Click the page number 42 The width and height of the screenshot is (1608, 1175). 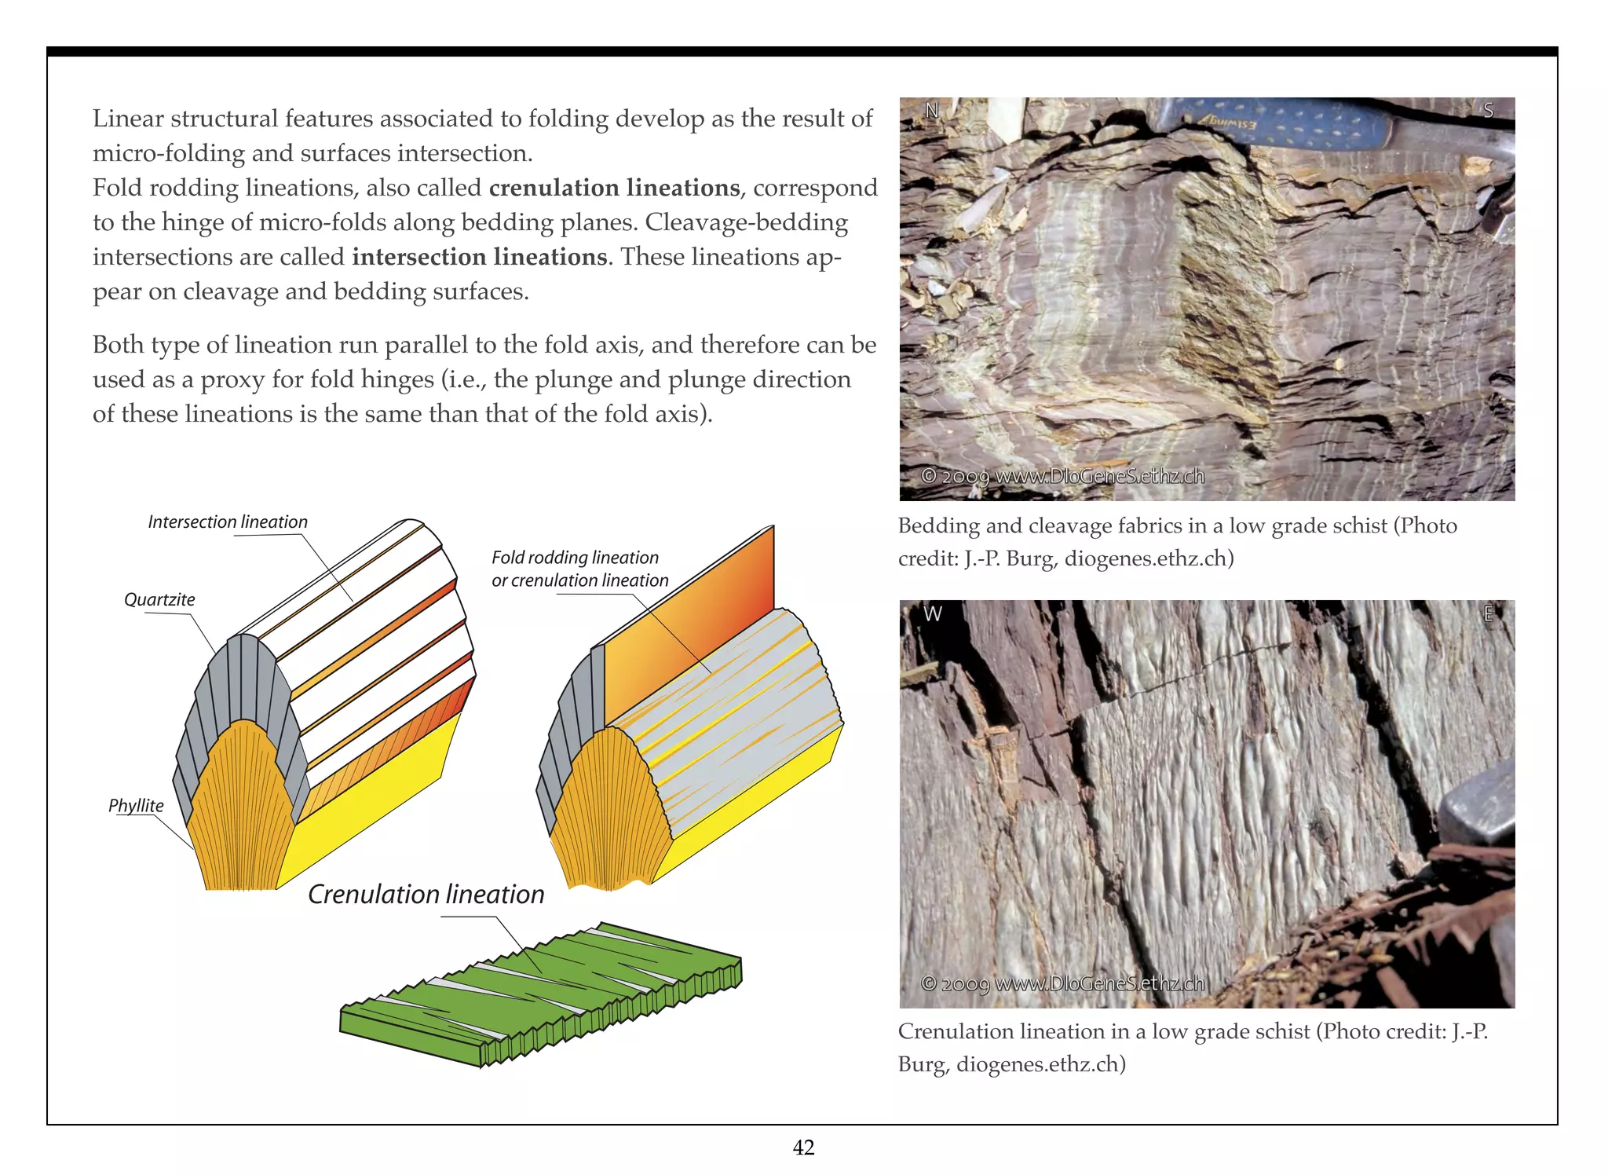tap(803, 1148)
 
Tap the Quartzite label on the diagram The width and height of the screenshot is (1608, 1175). tap(159, 599)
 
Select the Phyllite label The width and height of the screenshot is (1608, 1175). tap(136, 805)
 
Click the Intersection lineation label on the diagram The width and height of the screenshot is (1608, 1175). tap(228, 522)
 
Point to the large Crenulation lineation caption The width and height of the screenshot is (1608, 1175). tap(426, 894)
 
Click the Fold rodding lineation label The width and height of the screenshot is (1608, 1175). tap(575, 557)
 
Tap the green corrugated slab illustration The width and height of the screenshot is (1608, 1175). tap(542, 994)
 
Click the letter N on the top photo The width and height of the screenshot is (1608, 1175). tap(932, 111)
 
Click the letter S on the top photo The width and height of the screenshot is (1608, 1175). tap(1488, 111)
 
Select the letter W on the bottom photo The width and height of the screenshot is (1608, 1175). tap(932, 613)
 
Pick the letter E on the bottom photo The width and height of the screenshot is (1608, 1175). tap(1488, 613)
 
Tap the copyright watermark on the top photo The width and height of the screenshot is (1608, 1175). tap(1062, 476)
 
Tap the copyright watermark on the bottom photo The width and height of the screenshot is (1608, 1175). tap(1062, 983)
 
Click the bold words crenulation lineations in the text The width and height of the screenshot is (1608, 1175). tap(614, 188)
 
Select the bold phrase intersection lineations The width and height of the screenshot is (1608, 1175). tap(479, 257)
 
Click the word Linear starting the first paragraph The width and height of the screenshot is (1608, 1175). tap(128, 119)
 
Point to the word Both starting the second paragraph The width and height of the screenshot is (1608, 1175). tap(118, 345)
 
